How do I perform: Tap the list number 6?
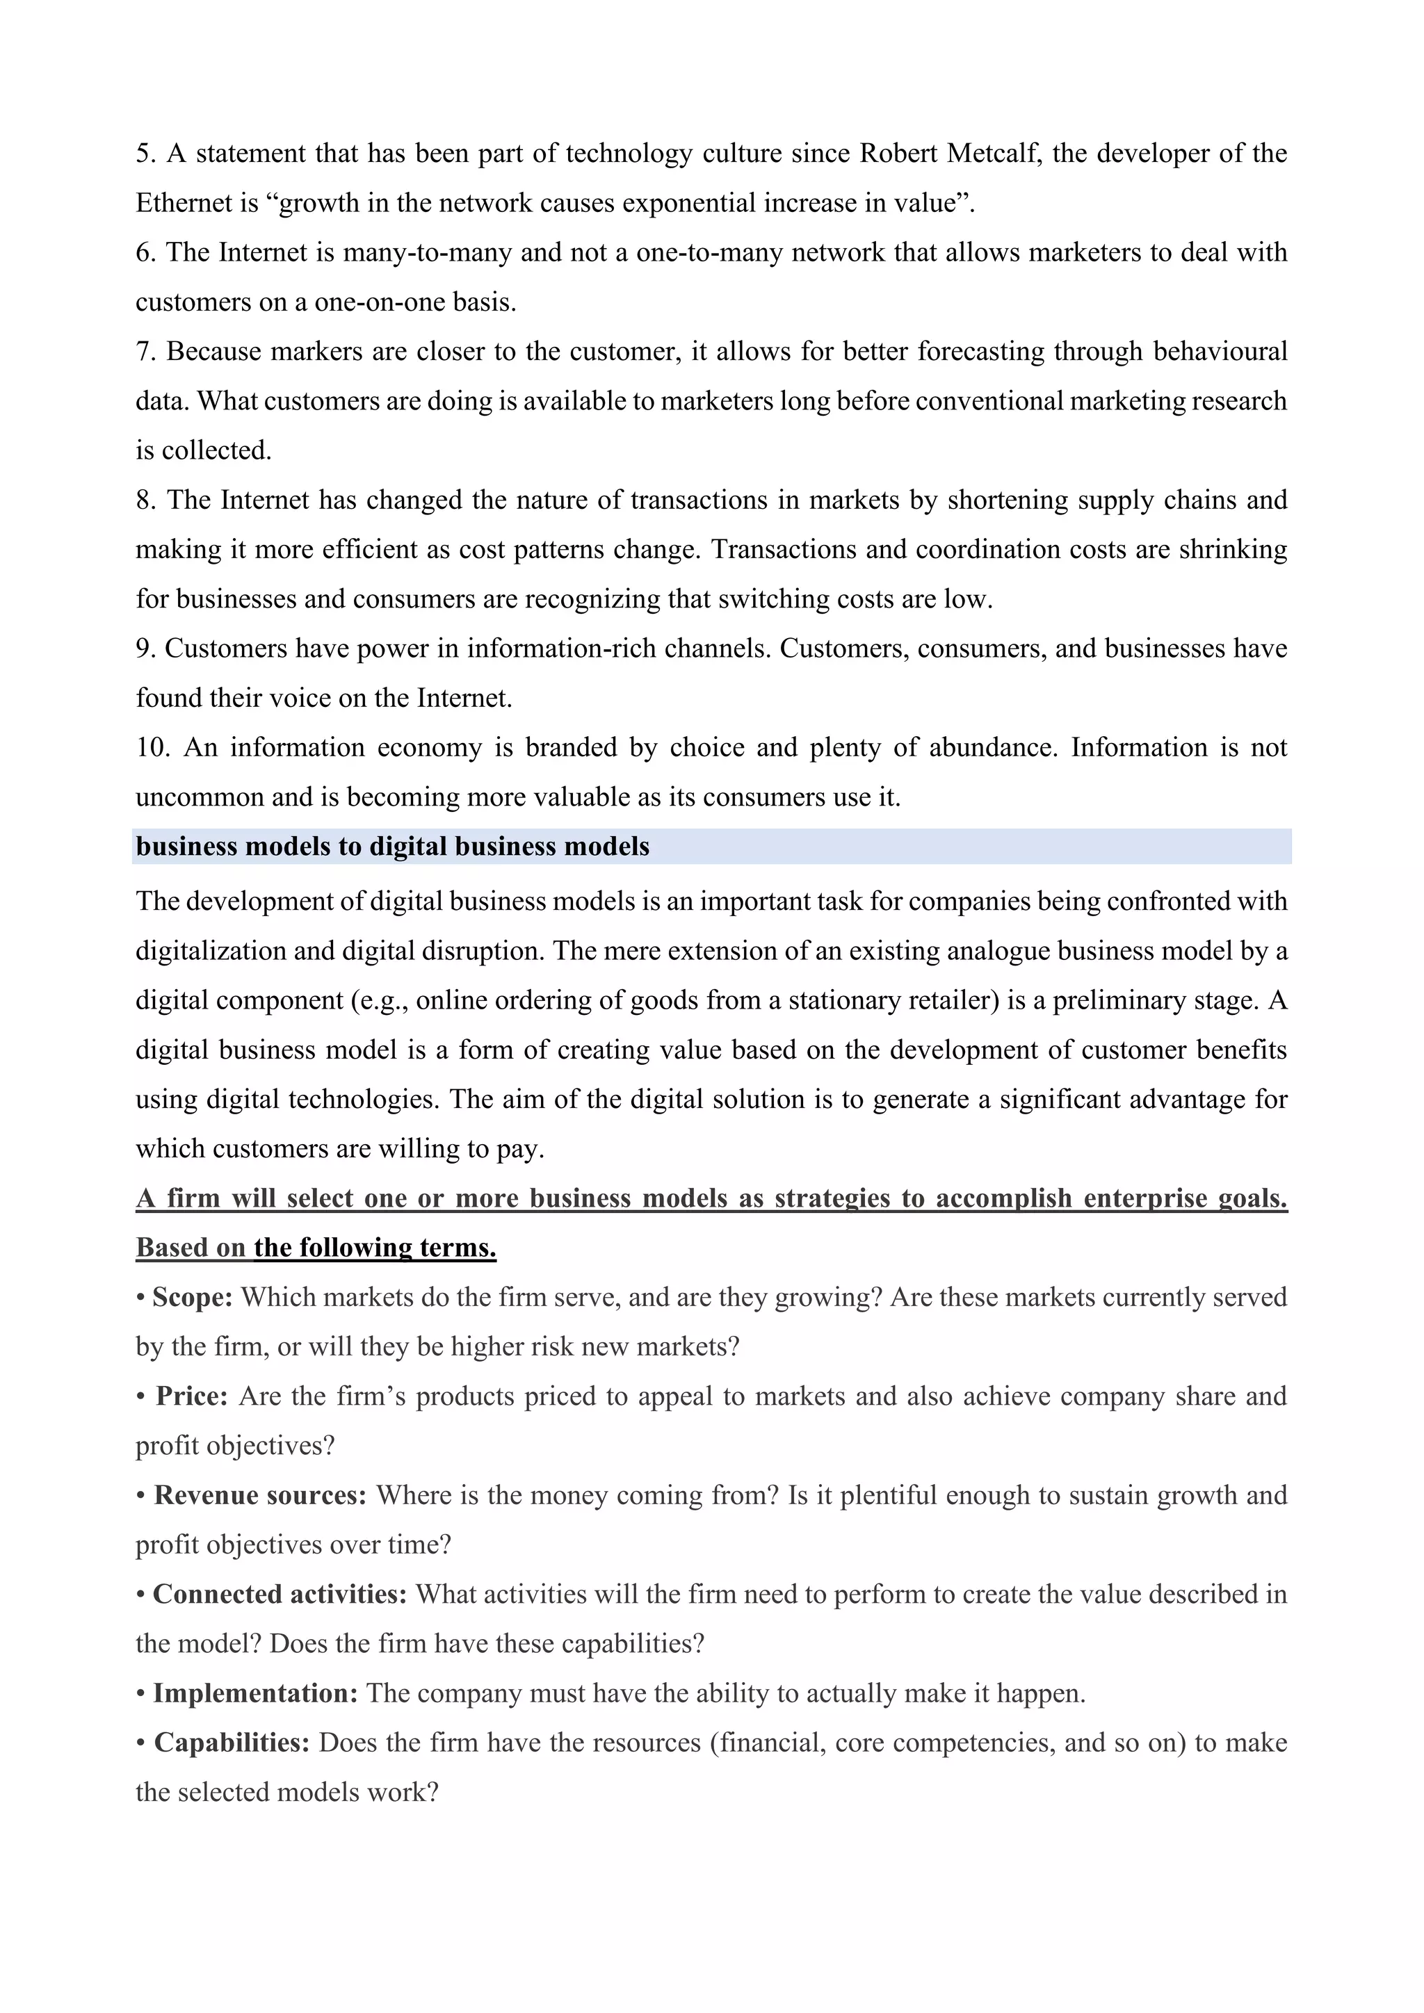point(145,252)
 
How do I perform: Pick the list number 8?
point(145,500)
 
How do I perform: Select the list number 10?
point(152,748)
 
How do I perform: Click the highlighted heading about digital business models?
point(393,847)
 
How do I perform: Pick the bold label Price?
point(191,1396)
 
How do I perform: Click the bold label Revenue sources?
point(259,1496)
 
